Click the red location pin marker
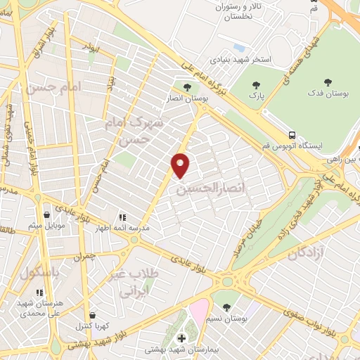[181, 165]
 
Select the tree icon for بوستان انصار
[186, 88]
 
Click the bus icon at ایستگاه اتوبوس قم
[291, 134]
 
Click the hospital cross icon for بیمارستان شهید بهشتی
[181, 338]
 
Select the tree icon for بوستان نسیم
[226, 307]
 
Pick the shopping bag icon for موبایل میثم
[47, 215]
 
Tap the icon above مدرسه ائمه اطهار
[122, 217]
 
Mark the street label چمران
[83, 257]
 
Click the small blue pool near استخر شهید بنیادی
[239, 48]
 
